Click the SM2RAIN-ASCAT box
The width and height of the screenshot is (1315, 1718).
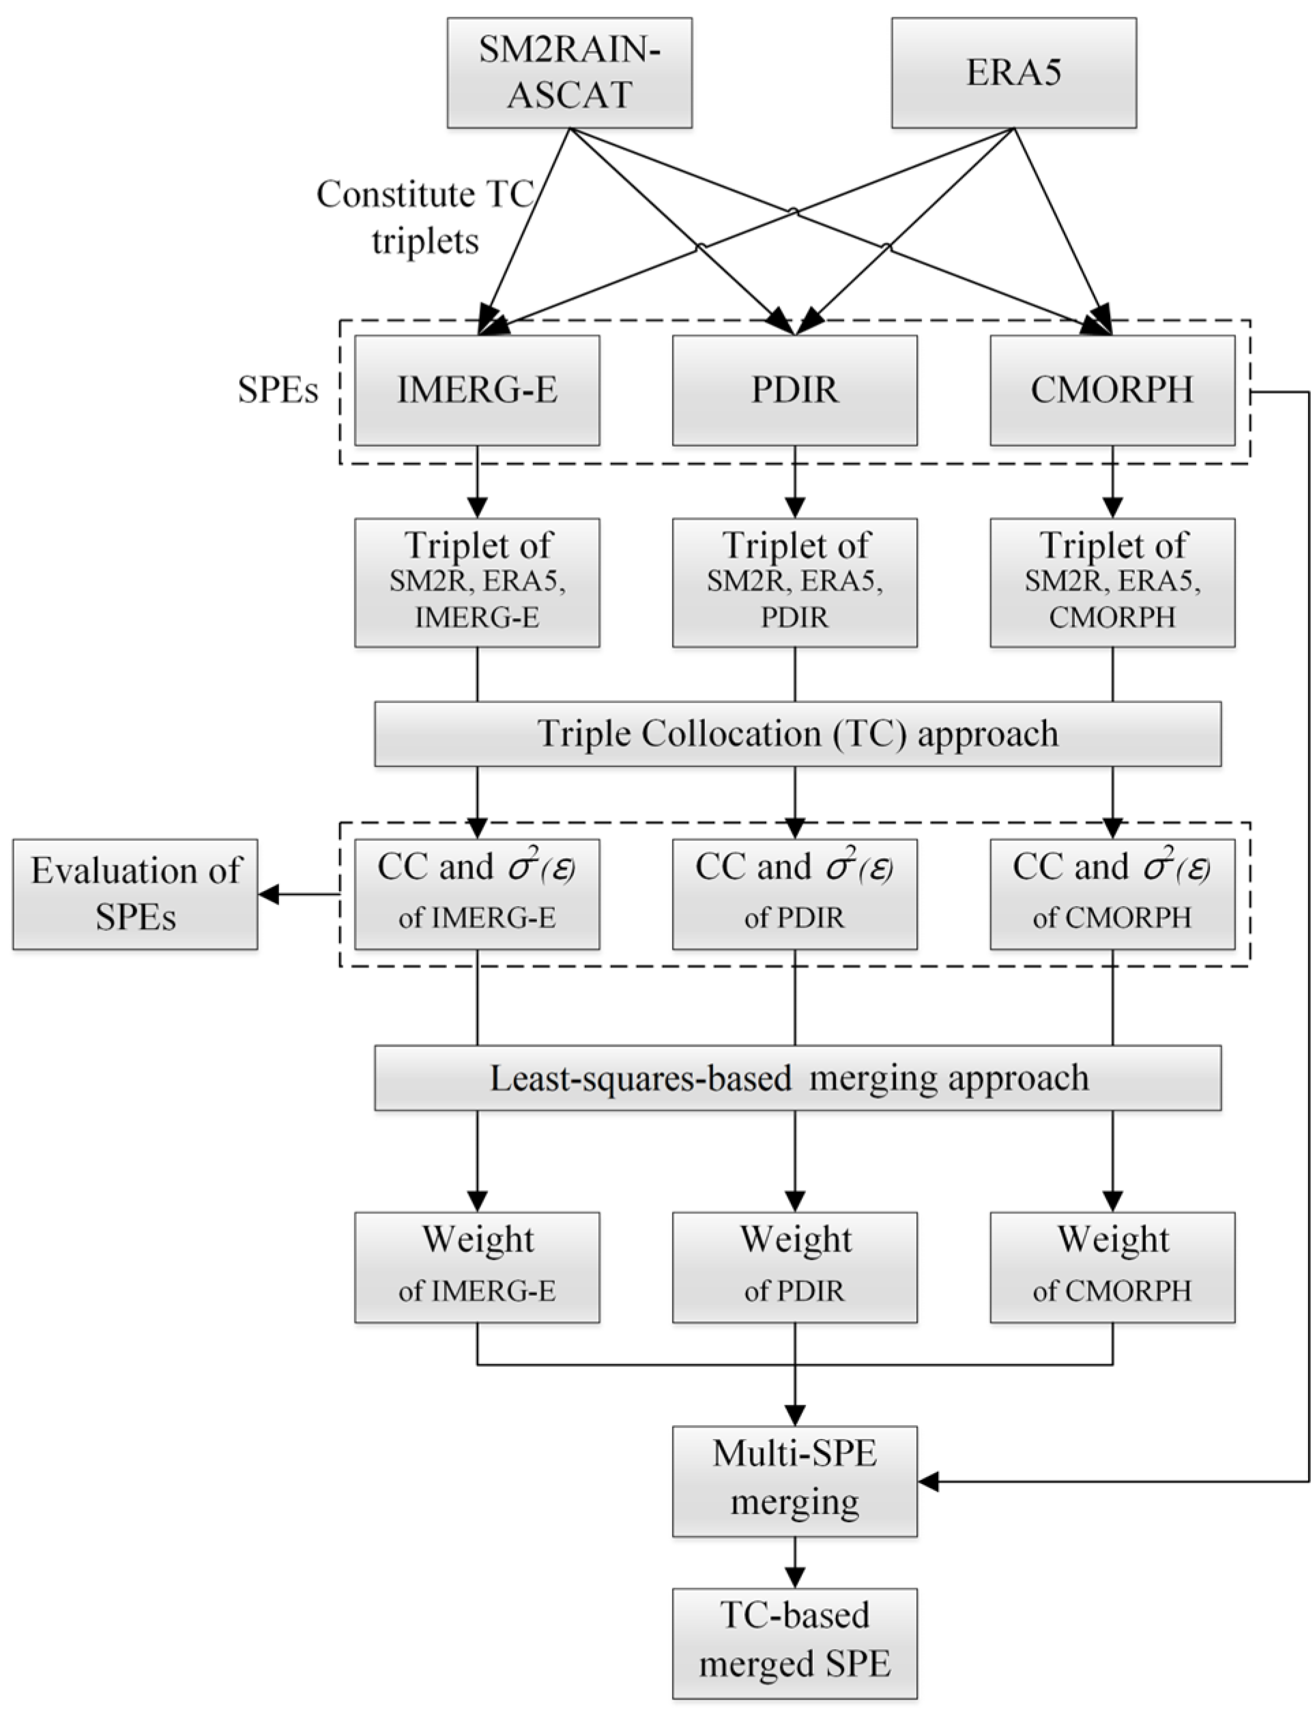tap(569, 73)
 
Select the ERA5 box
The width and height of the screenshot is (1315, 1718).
tap(1013, 73)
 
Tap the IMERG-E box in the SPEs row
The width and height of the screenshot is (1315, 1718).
tap(477, 390)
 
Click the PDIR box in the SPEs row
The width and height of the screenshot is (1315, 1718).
tap(794, 390)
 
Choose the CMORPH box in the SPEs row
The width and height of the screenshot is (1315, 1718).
tap(1112, 390)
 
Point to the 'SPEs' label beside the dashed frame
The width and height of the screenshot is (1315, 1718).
tap(278, 390)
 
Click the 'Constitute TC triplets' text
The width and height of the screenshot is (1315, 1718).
tap(425, 217)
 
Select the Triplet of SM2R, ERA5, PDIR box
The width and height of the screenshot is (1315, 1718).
tap(794, 582)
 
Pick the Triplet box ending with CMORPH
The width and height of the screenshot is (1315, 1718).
tap(1112, 582)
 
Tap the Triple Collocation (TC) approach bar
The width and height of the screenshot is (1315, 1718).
tap(797, 733)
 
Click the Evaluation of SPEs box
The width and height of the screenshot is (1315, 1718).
tap(134, 894)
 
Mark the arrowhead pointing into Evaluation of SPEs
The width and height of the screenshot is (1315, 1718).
tap(268, 894)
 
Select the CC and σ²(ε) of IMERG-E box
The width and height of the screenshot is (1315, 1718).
tap(477, 894)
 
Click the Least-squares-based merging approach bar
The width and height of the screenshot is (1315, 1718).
tap(797, 1078)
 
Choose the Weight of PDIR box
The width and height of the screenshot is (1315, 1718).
tap(794, 1267)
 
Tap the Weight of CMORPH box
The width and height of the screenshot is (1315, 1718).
tap(1112, 1267)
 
